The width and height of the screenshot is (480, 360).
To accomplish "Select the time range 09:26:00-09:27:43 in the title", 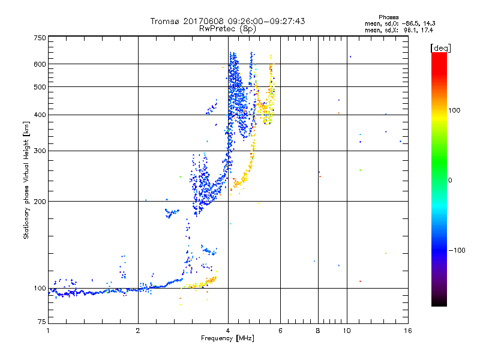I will click(x=264, y=21).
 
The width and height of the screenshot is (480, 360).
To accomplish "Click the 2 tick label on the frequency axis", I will click(x=138, y=331).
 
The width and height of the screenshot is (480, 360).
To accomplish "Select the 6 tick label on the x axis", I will click(x=280, y=331).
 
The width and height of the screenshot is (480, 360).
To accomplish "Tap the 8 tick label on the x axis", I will click(x=317, y=331).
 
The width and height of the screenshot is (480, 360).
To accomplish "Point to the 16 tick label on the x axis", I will click(x=407, y=331).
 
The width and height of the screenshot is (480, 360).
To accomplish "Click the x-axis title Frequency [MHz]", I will click(x=227, y=338).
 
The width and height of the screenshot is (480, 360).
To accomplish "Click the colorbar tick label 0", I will click(x=450, y=180).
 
